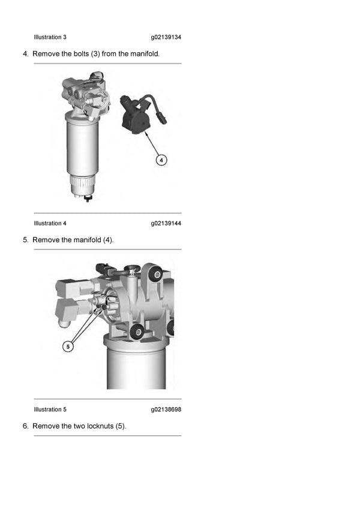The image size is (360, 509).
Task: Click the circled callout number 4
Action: pos(161,159)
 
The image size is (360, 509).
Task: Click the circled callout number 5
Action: pos(68,347)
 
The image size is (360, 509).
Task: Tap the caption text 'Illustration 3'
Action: pos(50,37)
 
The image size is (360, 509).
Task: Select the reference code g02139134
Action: pos(166,37)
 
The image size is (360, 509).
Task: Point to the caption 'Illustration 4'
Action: pos(50,224)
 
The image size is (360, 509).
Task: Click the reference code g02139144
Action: pos(166,224)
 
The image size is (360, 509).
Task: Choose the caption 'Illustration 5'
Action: pos(50,409)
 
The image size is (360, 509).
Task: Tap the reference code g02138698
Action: pos(166,409)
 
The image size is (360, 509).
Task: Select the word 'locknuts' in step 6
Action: pos(101,426)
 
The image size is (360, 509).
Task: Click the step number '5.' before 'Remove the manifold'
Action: pos(26,240)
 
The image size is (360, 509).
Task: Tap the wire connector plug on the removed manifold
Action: pos(163,116)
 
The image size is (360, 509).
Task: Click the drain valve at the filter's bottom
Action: pos(88,197)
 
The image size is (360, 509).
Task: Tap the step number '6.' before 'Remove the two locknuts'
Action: pos(26,426)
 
